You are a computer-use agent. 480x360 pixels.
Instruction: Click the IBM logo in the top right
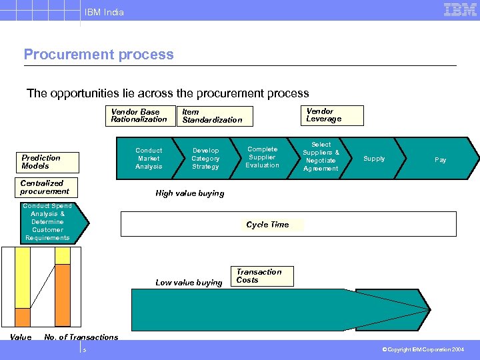[x=460, y=10]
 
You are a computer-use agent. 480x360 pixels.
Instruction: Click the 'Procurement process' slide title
[x=99, y=55]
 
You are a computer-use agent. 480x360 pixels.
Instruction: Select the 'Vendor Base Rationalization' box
[x=139, y=115]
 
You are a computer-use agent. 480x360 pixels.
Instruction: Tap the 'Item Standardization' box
[x=214, y=116]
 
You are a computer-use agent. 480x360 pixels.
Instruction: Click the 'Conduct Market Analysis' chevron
[x=149, y=159]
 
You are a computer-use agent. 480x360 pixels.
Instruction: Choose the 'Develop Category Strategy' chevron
[x=205, y=159]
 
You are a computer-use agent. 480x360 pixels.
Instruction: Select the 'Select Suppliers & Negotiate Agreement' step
[x=321, y=157]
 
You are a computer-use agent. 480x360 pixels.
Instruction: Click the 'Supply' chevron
[x=374, y=159]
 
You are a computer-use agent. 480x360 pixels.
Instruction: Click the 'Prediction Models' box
[x=49, y=162]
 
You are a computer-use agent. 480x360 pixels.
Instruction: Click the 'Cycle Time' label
[x=268, y=225]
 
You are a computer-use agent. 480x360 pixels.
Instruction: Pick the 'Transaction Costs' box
[x=263, y=276]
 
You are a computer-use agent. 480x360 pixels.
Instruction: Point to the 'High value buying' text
[x=189, y=193]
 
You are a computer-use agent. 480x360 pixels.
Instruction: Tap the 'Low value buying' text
[x=189, y=283]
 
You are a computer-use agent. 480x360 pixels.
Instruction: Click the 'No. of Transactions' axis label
[x=81, y=337]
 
